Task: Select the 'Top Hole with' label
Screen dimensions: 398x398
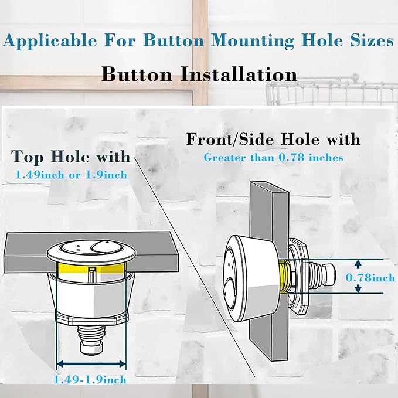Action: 71,157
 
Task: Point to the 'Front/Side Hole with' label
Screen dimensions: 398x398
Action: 273,140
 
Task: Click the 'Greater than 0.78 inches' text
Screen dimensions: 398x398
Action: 273,157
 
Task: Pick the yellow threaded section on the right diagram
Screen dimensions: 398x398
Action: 285,276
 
